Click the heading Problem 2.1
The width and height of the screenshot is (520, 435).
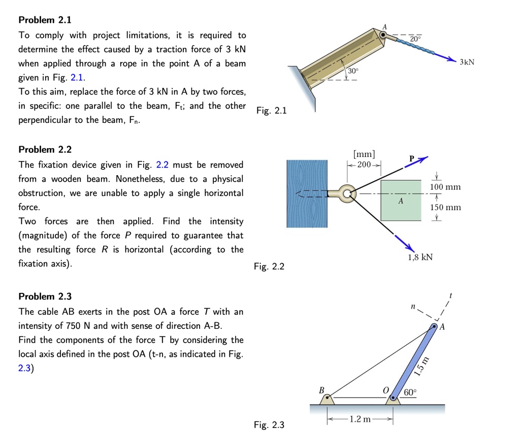(45, 20)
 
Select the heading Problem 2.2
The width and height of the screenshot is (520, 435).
(45, 150)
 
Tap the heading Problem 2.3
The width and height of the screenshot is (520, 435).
(45, 296)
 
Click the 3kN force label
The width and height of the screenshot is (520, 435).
(467, 62)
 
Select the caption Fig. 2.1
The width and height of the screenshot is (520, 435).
(272, 111)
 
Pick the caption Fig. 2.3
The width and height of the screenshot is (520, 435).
(269, 425)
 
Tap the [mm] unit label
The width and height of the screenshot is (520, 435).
(364, 154)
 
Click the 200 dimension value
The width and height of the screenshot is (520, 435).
(364, 165)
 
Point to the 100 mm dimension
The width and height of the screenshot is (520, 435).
(445, 187)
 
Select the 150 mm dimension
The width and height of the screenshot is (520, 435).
(445, 208)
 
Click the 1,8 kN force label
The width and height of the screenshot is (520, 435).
(420, 257)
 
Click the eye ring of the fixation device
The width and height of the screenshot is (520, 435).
(348, 193)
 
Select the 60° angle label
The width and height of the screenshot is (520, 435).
(410, 392)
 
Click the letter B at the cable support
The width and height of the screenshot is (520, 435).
(321, 390)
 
